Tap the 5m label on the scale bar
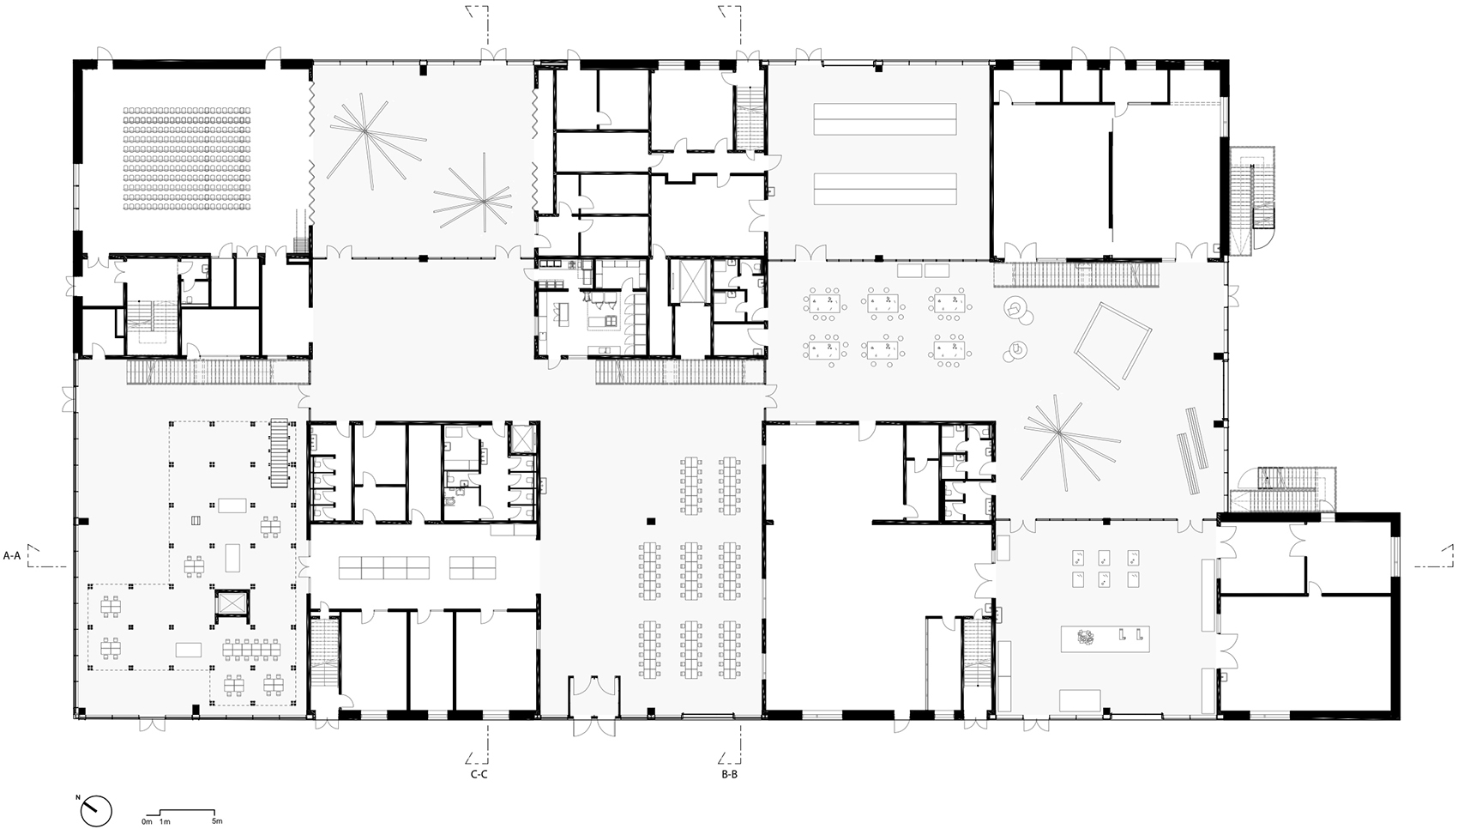coord(217,822)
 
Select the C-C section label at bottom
coord(479,774)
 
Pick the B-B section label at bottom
coord(730,774)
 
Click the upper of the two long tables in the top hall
coord(884,118)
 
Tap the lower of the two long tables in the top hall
coord(884,189)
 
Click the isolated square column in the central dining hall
coord(651,520)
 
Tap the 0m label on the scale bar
coord(147,822)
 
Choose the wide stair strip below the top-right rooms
coord(1076,275)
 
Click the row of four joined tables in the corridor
coord(384,566)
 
